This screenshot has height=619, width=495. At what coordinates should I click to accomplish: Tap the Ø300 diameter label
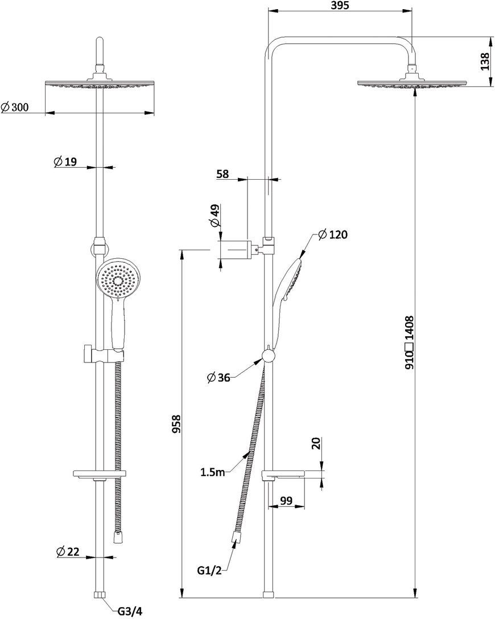(x=15, y=107)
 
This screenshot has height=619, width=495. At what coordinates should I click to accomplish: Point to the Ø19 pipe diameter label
(x=65, y=162)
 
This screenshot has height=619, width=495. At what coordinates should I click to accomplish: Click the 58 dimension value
(x=223, y=174)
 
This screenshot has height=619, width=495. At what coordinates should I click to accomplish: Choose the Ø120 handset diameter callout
(x=332, y=234)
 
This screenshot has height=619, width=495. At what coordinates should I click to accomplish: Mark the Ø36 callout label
(x=218, y=378)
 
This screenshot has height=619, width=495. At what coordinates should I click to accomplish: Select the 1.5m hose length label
(x=212, y=472)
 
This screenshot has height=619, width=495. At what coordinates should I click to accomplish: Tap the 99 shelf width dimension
(x=286, y=501)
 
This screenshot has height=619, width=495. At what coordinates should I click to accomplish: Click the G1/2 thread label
(x=209, y=571)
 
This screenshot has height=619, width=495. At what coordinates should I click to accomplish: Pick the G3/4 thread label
(x=130, y=612)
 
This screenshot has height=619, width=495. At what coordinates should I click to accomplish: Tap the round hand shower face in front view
(x=117, y=280)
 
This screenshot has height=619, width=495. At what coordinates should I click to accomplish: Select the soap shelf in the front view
(x=100, y=474)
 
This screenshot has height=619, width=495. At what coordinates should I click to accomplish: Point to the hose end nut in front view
(x=117, y=538)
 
